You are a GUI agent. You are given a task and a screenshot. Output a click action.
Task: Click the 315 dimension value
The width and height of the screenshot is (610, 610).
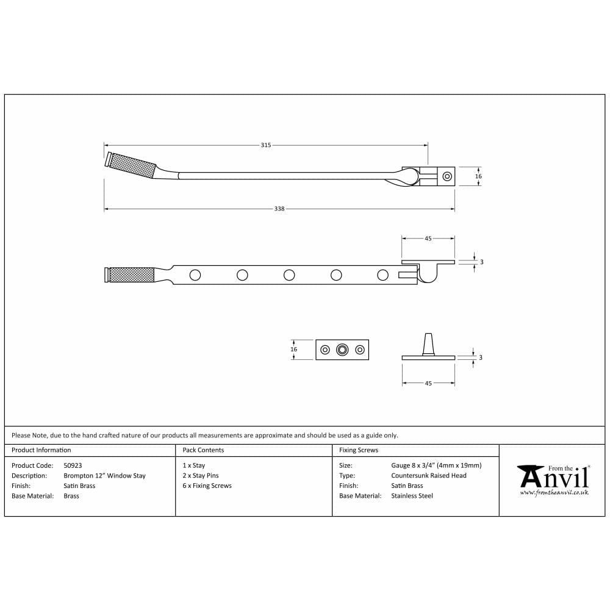pyautogui.click(x=266, y=145)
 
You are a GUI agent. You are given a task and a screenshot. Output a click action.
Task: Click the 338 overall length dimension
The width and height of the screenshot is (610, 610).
pyautogui.click(x=279, y=209)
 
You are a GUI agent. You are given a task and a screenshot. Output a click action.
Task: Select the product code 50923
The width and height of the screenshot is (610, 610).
pyautogui.click(x=73, y=465)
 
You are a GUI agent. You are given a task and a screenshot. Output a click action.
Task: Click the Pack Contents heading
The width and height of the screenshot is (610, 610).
pyautogui.click(x=203, y=450)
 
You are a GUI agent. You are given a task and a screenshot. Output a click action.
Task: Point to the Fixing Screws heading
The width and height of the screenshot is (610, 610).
pyautogui.click(x=359, y=450)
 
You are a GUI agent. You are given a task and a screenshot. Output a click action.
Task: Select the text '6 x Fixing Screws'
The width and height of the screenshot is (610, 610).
pyautogui.click(x=207, y=486)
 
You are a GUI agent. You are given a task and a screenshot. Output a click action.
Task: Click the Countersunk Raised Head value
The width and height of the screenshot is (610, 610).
pyautogui.click(x=429, y=476)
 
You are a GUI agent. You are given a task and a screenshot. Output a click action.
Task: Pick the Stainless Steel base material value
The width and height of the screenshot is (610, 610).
pyautogui.click(x=412, y=496)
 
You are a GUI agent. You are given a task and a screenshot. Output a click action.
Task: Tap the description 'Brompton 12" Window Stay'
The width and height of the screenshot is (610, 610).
pyautogui.click(x=104, y=476)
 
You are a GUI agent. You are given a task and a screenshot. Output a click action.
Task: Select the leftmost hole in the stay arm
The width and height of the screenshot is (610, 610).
pyautogui.click(x=195, y=275)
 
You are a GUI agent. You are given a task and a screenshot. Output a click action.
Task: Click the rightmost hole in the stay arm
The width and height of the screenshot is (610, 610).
pyautogui.click(x=382, y=275)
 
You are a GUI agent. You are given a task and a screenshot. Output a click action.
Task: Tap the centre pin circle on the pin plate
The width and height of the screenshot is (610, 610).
pyautogui.click(x=343, y=350)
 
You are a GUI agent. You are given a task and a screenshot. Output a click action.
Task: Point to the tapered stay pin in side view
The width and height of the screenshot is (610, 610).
pyautogui.click(x=429, y=343)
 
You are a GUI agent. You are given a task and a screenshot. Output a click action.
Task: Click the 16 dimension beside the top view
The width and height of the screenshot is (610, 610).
pyautogui.click(x=478, y=176)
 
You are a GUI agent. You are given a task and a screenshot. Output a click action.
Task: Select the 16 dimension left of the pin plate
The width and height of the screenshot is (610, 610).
pyautogui.click(x=294, y=350)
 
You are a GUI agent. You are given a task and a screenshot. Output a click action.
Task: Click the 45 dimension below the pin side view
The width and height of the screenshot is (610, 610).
pyautogui.click(x=428, y=383)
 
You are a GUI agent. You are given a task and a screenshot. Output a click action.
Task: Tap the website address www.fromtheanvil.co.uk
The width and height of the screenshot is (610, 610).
pyautogui.click(x=554, y=492)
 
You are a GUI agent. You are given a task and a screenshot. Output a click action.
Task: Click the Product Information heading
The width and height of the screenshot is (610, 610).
pyautogui.click(x=41, y=450)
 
